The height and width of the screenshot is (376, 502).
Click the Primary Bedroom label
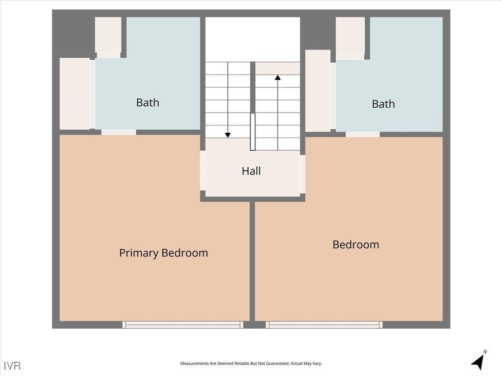coord(163,253)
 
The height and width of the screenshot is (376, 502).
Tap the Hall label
coord(251,171)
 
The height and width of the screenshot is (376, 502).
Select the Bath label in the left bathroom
coord(148,102)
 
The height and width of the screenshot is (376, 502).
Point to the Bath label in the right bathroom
coord(383,104)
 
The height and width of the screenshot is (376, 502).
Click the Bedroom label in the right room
coord(355,244)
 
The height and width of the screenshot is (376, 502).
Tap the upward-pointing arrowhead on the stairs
coord(277,77)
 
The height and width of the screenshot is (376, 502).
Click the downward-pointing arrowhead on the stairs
coord(227,135)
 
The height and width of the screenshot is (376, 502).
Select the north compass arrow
coord(478,362)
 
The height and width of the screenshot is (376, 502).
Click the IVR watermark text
coord(12,366)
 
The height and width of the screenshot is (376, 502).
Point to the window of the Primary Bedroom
coord(182,325)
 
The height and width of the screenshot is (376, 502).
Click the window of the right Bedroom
coord(324,325)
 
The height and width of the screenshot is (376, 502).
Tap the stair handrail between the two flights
coord(252,132)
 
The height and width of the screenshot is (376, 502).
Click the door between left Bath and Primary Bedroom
coord(119,132)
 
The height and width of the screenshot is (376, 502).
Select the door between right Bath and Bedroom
coord(362,134)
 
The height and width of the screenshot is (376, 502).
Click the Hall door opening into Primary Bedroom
coord(202,170)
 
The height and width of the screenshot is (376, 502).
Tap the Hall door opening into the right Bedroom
coord(302,174)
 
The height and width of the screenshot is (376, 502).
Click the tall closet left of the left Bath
coord(75,94)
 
